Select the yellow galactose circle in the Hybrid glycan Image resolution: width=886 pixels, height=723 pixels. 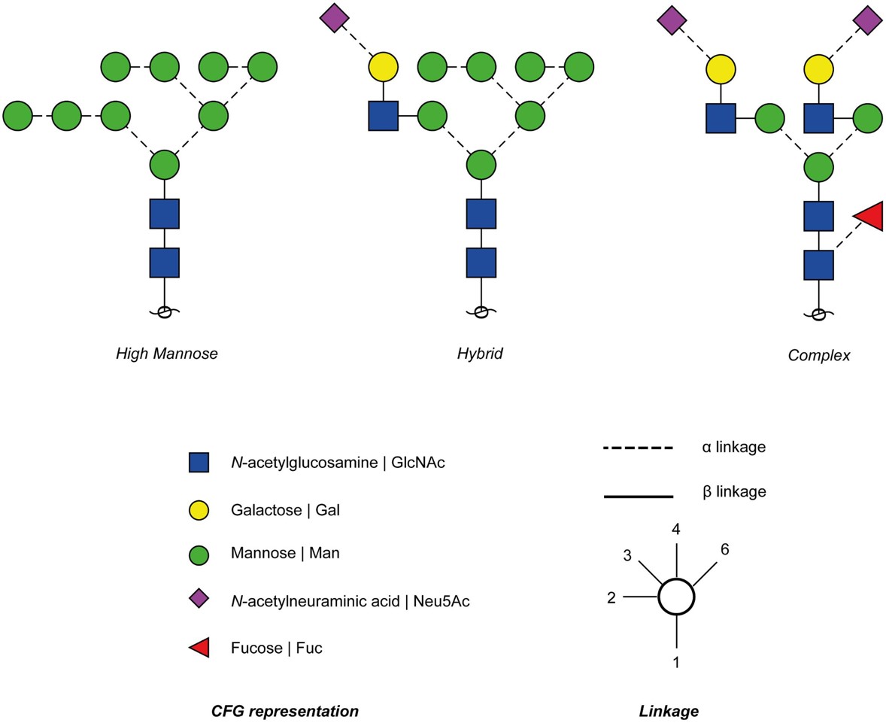tap(383, 68)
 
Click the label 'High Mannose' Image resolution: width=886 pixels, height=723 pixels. tap(166, 353)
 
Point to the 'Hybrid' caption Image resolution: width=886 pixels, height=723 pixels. tap(480, 353)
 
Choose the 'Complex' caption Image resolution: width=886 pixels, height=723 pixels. tap(818, 355)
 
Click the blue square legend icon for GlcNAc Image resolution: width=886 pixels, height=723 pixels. tap(199, 463)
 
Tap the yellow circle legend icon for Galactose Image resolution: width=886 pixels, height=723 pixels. tap(199, 510)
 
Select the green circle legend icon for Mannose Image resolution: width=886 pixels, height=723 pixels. tap(199, 554)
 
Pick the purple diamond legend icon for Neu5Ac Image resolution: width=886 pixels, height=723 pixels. tap(199, 600)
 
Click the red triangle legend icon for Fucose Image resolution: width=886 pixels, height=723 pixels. tap(199, 647)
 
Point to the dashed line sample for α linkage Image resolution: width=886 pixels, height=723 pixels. tap(637, 448)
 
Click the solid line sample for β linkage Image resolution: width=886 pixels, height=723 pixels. tap(637, 496)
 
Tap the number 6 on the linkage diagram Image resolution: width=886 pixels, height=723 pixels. tap(724, 549)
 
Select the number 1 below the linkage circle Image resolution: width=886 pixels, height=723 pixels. tap(675, 663)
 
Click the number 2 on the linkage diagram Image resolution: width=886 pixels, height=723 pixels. tap(611, 597)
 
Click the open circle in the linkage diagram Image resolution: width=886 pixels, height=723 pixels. tap(676, 597)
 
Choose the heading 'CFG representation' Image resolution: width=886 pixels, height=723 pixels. tap(284, 711)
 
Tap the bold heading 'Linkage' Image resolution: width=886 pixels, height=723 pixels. tap(668, 711)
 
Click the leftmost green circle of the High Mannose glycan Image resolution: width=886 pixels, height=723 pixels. tap(18, 117)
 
